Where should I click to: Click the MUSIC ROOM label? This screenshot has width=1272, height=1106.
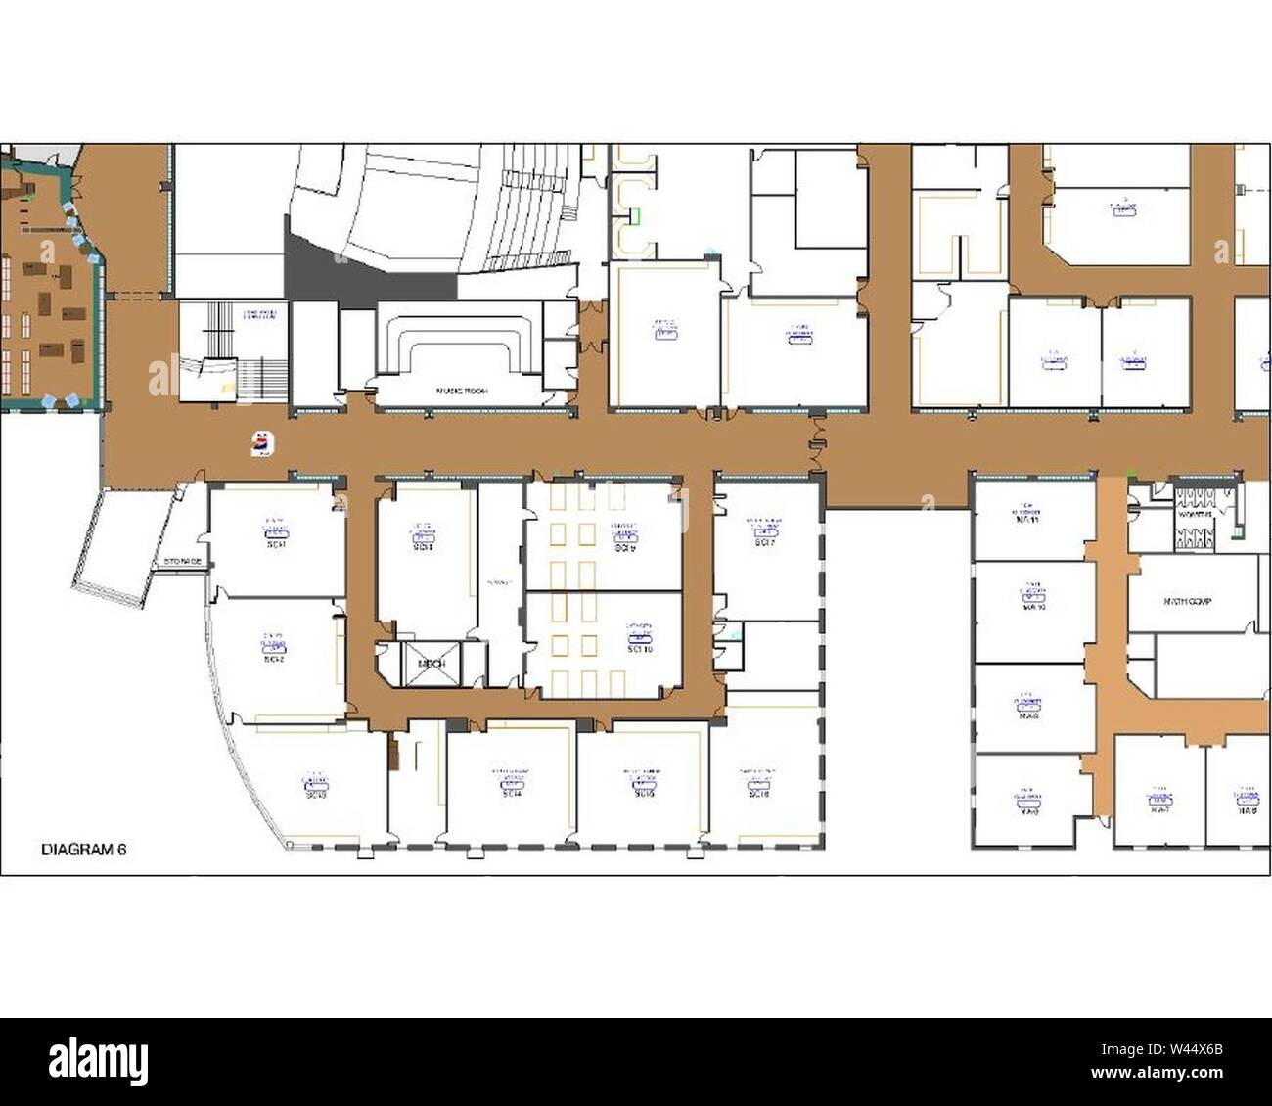pyautogui.click(x=461, y=391)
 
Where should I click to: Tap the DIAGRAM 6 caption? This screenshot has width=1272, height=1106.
pyautogui.click(x=84, y=850)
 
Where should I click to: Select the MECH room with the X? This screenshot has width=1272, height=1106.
pyautogui.click(x=432, y=663)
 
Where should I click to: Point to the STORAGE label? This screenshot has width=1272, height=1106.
pyautogui.click(x=183, y=562)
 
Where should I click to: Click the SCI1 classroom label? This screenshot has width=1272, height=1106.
pyautogui.click(x=275, y=543)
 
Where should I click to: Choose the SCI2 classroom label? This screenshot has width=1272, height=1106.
pyautogui.click(x=275, y=659)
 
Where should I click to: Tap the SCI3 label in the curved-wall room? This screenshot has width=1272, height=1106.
pyautogui.click(x=315, y=794)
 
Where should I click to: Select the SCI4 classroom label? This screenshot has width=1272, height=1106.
pyautogui.click(x=511, y=794)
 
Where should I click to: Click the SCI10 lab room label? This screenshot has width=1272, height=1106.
pyautogui.click(x=640, y=648)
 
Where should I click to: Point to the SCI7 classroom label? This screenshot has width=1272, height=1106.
pyautogui.click(x=764, y=542)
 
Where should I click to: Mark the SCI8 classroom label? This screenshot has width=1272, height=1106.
pyautogui.click(x=423, y=546)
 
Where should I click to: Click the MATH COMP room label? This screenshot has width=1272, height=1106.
pyautogui.click(x=1187, y=602)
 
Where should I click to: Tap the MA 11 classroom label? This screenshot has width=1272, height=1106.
pyautogui.click(x=1026, y=522)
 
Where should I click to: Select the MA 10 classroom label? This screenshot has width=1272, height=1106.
pyautogui.click(x=1034, y=607)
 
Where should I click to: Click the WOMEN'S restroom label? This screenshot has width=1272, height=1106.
pyautogui.click(x=1195, y=513)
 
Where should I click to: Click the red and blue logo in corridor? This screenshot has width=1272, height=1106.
pyautogui.click(x=262, y=442)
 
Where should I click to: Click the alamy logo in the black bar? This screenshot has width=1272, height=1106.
pyautogui.click(x=98, y=1061)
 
